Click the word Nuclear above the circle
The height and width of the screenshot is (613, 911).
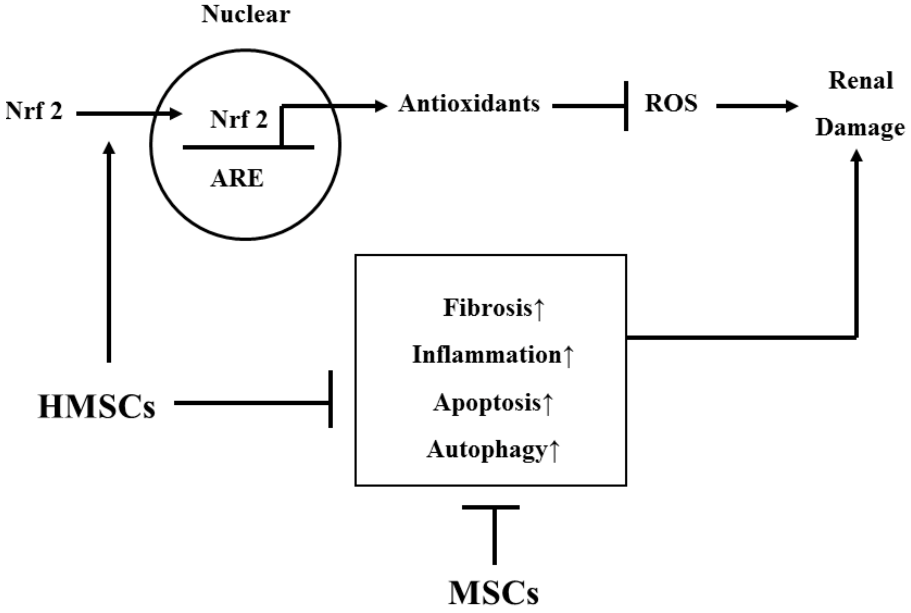(246, 14)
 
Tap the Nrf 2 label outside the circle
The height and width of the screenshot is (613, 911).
(34, 111)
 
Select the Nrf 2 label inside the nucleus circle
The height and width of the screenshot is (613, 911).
(239, 120)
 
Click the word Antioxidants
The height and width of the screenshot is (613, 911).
(469, 104)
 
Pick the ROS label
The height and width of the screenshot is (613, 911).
(671, 104)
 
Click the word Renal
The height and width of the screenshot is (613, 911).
(860, 81)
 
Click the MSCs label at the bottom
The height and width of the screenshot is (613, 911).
(493, 593)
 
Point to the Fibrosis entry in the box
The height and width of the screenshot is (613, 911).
(493, 308)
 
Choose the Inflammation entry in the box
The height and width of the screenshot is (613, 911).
(492, 355)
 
